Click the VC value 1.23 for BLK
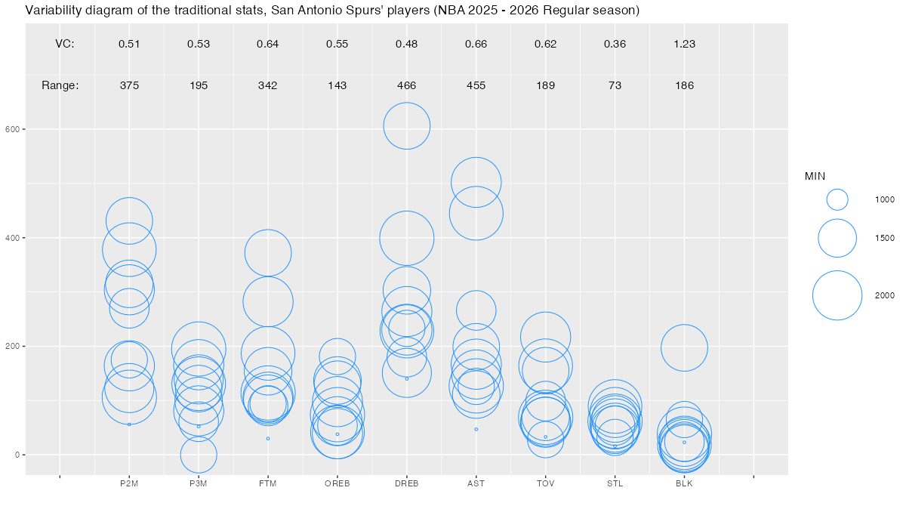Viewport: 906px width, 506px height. pos(684,44)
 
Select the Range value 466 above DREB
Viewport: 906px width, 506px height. pos(406,85)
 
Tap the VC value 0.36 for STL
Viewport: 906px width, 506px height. pos(615,44)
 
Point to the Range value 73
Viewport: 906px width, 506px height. pos(615,85)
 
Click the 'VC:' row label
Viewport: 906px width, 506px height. pos(65,44)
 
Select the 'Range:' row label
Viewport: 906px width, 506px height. pos(60,85)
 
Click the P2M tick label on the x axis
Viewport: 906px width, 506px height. pos(129,484)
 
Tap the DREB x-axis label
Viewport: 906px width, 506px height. pos(406,484)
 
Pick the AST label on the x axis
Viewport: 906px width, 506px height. pos(476,484)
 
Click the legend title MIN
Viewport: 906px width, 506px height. pos(815,176)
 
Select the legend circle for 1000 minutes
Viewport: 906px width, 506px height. pos(837,199)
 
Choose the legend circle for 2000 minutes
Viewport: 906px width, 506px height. pos(837,295)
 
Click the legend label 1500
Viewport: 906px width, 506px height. pos(884,238)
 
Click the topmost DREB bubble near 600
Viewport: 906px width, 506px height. pos(406,125)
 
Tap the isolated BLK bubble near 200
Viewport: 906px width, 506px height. pos(684,347)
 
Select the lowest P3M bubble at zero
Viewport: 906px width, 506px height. pos(199,455)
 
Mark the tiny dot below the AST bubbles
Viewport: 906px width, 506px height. pos(476,429)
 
